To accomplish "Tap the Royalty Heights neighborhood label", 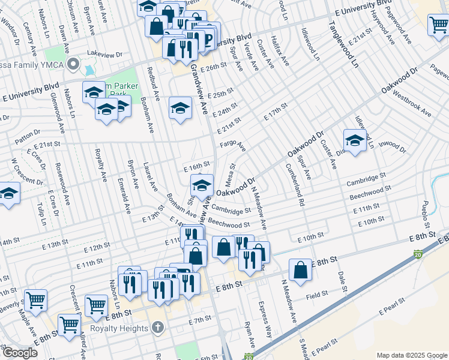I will pyautogui.click(x=119, y=328).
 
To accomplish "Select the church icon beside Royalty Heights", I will pyautogui.click(x=157, y=328).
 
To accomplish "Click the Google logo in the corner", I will pyautogui.click(x=20, y=353).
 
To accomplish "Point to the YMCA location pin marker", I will pyautogui.click(x=74, y=64).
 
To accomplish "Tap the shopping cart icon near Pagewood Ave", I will pyautogui.click(x=438, y=25).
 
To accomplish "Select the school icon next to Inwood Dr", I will pyautogui.click(x=355, y=141).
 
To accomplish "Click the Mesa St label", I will pyautogui.click(x=229, y=175).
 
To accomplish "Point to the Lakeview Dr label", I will pyautogui.click(x=104, y=54).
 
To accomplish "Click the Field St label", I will pyautogui.click(x=316, y=294).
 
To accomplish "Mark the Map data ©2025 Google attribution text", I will pyautogui.click(x=411, y=355).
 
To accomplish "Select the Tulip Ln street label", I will pyautogui.click(x=41, y=214).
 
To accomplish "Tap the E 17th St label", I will pyautogui.click(x=275, y=112).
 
